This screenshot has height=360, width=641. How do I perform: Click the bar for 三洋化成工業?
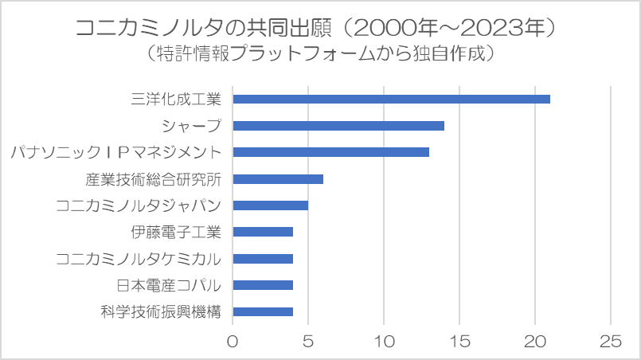tap(391, 99)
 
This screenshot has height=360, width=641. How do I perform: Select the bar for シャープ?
tap(338, 126)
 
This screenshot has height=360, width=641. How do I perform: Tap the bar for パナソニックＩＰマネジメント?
tap(330, 152)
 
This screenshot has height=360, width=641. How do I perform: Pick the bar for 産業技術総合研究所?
tap(278, 179)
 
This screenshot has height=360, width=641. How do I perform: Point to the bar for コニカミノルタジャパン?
tap(270, 205)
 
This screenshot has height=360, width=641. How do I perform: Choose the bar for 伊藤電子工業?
tap(263, 232)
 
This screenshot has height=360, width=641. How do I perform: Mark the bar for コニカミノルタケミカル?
tap(263, 259)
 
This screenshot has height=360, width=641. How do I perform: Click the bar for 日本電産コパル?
tap(263, 285)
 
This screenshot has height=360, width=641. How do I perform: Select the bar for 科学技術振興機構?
tap(263, 312)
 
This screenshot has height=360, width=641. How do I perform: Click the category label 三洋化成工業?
tap(176, 99)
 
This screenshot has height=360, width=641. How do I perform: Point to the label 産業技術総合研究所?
tap(153, 179)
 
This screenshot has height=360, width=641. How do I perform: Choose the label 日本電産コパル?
tap(169, 285)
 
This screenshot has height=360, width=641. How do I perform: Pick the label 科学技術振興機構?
tap(161, 312)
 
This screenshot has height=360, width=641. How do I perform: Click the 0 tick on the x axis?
tap(233, 341)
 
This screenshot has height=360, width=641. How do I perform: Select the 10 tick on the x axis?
tap(384, 341)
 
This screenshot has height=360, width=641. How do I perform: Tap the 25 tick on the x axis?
tap(611, 341)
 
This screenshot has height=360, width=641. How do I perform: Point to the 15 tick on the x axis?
tap(459, 341)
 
